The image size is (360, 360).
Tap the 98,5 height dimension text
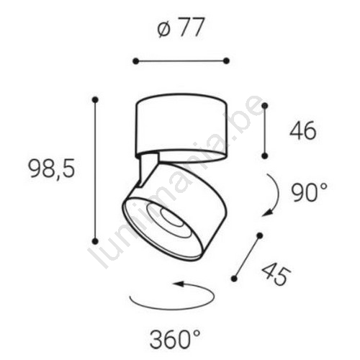click(51, 168)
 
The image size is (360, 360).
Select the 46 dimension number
click(303, 131)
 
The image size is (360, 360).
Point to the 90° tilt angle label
click(310, 192)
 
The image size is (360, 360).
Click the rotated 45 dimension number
click(276, 274)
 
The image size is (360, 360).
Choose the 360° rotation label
click(175, 340)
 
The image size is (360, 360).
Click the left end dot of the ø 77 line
click(136, 61)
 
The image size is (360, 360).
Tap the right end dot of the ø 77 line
click(226, 61)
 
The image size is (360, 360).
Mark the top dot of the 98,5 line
click(96, 99)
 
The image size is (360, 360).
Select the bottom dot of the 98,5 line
click(96, 240)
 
